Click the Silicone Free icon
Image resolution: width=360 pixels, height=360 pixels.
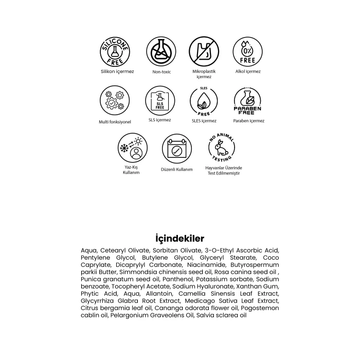tap(117, 52)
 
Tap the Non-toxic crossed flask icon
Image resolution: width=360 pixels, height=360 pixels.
tap(160, 52)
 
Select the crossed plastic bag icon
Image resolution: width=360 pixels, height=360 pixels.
tap(204, 52)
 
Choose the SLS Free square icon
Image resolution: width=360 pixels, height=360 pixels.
tap(159, 100)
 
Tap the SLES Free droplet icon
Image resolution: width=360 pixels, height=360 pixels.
tap(204, 100)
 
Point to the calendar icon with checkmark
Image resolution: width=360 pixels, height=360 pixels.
tap(176, 149)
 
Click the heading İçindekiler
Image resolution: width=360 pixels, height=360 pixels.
tap(179, 239)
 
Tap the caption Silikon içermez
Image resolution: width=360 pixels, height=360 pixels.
tap(117, 71)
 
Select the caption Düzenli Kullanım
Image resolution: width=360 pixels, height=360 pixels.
tap(176, 169)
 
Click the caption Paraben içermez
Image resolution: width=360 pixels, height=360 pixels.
tap(249, 121)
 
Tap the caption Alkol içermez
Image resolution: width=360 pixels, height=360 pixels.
tap(248, 71)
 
